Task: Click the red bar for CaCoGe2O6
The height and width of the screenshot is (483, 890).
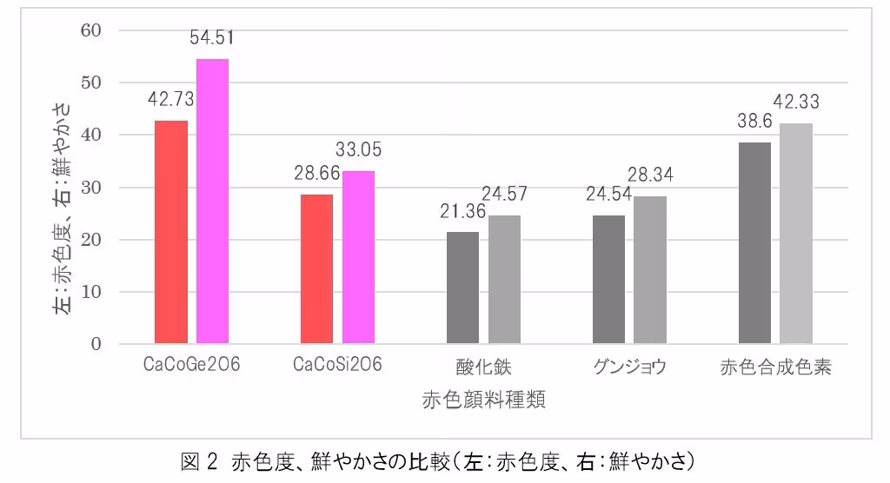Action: [171, 232]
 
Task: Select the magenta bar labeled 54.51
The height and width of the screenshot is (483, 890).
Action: [212, 201]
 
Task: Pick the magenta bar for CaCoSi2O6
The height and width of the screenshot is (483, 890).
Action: [358, 257]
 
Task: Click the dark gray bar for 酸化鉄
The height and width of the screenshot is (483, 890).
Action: [462, 288]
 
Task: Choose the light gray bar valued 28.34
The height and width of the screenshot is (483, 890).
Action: [649, 270]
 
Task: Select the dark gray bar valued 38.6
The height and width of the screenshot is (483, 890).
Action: [754, 243]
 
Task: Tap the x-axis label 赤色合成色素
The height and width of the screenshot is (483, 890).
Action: [776, 367]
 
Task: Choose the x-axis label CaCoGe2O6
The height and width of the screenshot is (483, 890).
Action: [191, 366]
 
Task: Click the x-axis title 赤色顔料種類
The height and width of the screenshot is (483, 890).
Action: [484, 400]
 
